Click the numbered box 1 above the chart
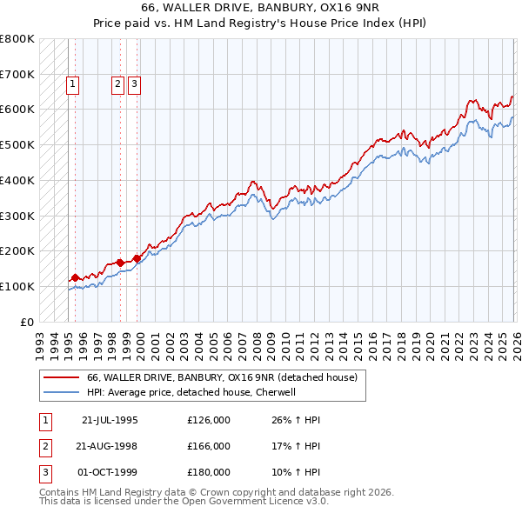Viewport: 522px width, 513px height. (x=71, y=84)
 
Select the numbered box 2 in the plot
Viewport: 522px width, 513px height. (x=117, y=84)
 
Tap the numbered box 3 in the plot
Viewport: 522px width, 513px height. (x=135, y=84)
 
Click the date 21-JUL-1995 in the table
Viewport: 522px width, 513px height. (x=110, y=419)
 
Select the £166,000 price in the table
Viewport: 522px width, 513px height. (x=209, y=446)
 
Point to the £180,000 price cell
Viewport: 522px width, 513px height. (x=209, y=473)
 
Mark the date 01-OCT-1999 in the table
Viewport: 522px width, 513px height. (x=110, y=473)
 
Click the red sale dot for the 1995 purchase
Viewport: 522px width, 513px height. (x=76, y=277)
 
